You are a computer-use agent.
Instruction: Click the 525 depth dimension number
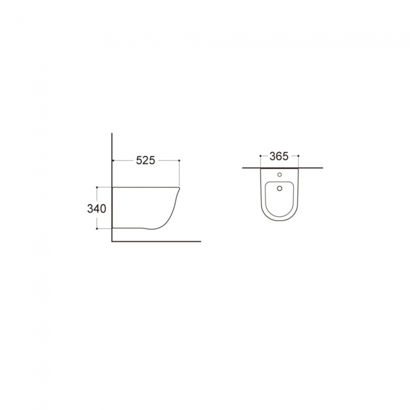(x=145, y=160)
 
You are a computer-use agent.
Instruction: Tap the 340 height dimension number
(x=97, y=209)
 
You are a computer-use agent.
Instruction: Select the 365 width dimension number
(x=279, y=156)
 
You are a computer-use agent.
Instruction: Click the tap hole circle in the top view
(x=279, y=175)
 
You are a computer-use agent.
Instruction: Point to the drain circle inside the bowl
(x=279, y=188)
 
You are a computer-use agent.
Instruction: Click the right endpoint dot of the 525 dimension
(x=179, y=160)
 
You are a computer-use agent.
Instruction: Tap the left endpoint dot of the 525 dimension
(x=113, y=160)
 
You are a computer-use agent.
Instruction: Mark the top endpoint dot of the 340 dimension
(x=97, y=187)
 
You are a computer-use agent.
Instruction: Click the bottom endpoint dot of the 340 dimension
(x=97, y=228)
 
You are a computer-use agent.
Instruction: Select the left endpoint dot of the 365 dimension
(x=261, y=156)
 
